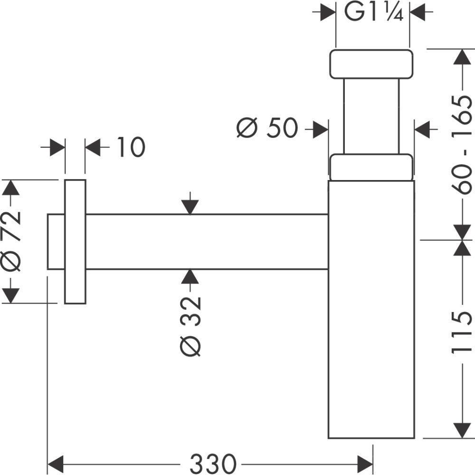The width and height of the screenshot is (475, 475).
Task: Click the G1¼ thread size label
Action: pos(373,13)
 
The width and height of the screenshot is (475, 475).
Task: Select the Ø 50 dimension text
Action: pos(267,128)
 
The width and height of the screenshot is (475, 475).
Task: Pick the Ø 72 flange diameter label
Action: pos(11,240)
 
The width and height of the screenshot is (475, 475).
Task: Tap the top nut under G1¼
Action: pos(371,64)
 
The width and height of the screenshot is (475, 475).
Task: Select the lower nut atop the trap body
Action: pos(371,167)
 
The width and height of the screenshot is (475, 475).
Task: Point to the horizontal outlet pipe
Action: pos(207,241)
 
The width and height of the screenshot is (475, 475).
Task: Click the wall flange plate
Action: pos(75,241)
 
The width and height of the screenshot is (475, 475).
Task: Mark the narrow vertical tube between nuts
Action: pos(371,116)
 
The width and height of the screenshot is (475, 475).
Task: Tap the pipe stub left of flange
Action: pos(56,241)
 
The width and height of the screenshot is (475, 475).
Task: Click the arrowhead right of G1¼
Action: pos(418,13)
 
